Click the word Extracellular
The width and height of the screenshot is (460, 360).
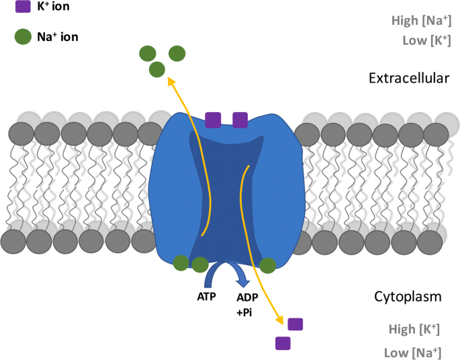[408, 78]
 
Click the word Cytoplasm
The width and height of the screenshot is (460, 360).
[408, 296]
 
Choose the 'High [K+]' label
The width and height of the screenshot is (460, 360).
[414, 329]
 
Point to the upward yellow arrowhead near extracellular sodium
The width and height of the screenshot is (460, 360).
[169, 81]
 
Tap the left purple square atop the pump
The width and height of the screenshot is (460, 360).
[213, 120]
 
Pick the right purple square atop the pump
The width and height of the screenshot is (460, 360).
[240, 120]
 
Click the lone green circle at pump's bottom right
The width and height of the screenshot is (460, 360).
[268, 266]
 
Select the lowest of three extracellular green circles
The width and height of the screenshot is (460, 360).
[157, 69]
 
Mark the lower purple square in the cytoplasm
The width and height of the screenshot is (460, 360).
[283, 343]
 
